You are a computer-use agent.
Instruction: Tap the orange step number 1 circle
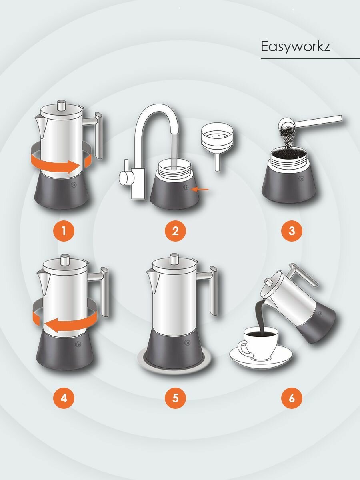click(64, 231)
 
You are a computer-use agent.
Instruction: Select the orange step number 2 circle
click(175, 231)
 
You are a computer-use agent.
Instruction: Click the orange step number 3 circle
click(292, 231)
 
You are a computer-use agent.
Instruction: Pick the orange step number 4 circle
click(64, 398)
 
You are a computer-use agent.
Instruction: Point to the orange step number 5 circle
click(175, 398)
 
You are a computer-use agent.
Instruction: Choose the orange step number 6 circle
click(292, 398)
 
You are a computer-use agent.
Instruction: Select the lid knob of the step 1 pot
click(62, 106)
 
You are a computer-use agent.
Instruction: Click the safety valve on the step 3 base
click(302, 178)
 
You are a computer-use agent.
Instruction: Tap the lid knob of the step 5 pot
click(174, 259)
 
